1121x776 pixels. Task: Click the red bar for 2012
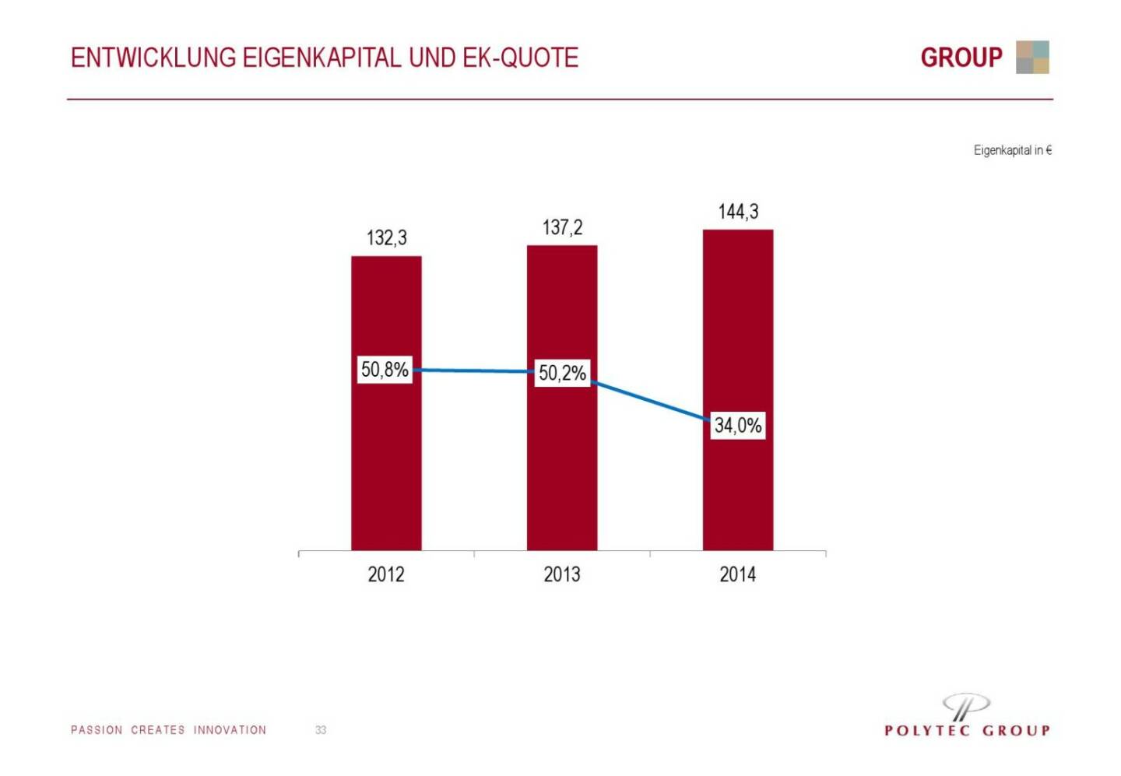coord(386,467)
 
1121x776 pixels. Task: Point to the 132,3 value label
coord(387,237)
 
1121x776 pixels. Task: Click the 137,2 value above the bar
coord(562,227)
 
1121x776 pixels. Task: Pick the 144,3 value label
coord(738,212)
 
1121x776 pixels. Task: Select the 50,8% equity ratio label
coord(385,369)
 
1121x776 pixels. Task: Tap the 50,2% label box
coord(562,373)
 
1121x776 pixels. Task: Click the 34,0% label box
coord(738,425)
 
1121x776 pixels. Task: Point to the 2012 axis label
coord(386,574)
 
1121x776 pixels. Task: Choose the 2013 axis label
coord(562,574)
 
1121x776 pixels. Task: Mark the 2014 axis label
coord(738,574)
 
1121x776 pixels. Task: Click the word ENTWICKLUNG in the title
coord(153,58)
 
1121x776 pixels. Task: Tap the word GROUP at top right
coord(961,58)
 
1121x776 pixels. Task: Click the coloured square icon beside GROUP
coord(1032,57)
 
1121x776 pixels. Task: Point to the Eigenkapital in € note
coord(1012,150)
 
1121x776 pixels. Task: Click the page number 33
coord(321,730)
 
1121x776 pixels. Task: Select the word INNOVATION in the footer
coord(230,730)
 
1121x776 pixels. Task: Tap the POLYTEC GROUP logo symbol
coord(966,706)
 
